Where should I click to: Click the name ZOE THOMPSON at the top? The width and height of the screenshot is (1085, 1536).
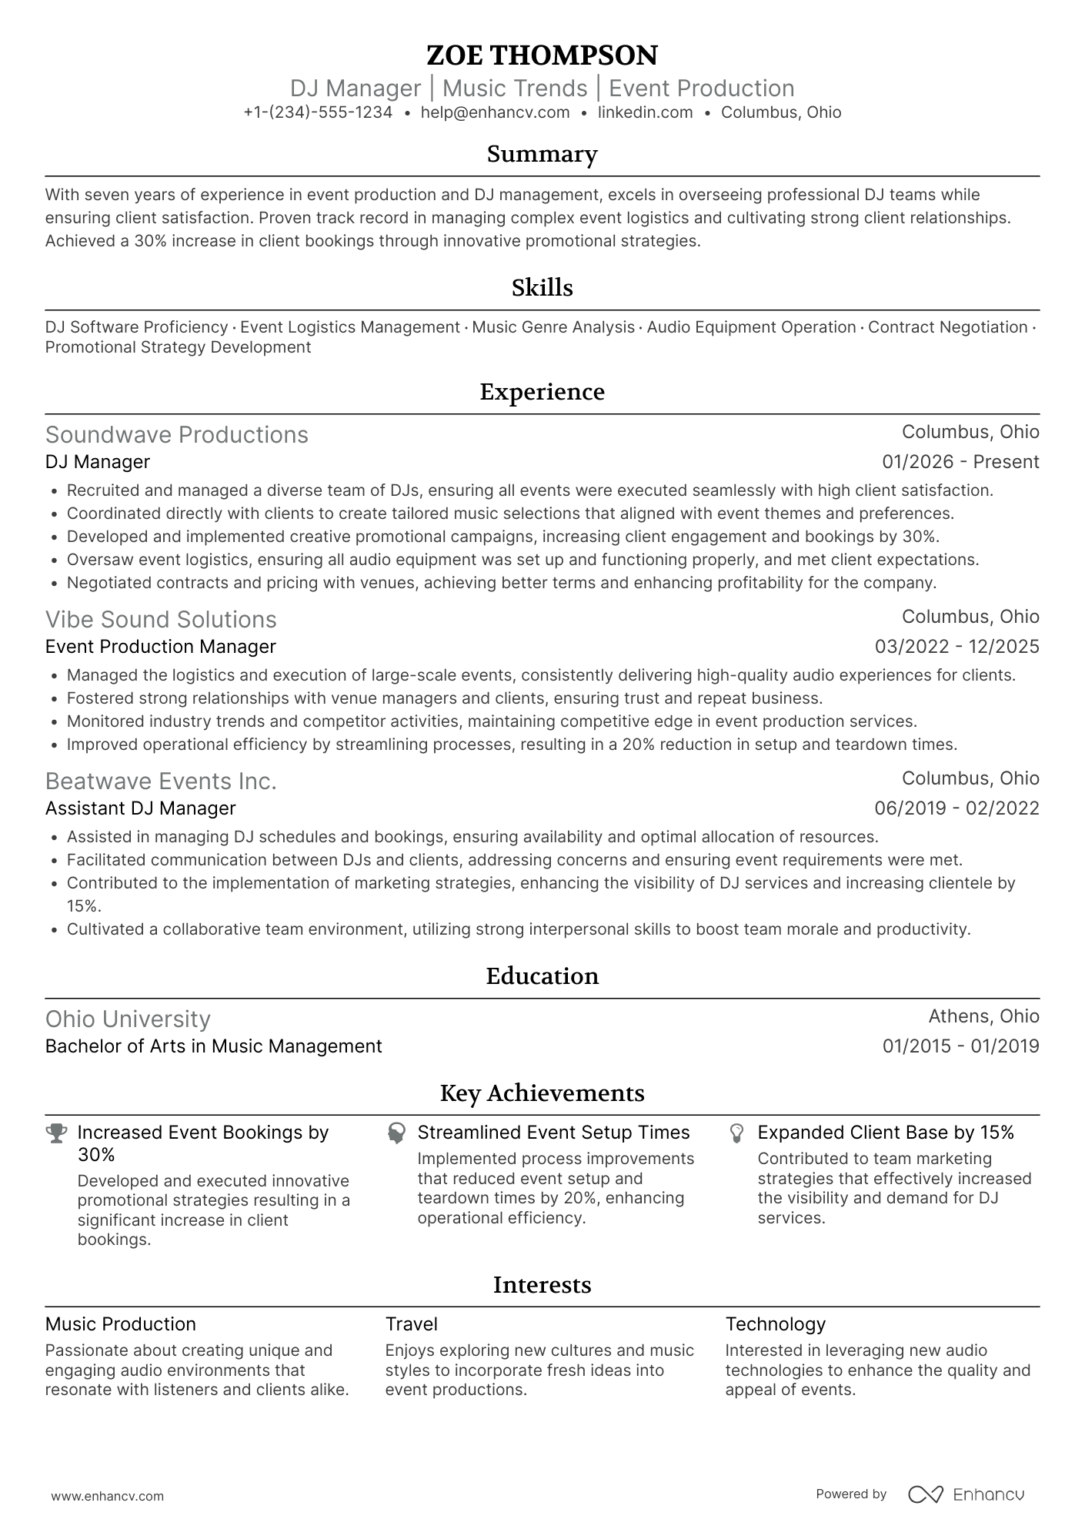[542, 55]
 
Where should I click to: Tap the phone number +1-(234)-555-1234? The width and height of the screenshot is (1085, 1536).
[318, 112]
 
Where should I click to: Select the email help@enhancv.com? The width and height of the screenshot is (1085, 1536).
[495, 112]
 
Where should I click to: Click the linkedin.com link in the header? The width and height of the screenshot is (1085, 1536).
[645, 112]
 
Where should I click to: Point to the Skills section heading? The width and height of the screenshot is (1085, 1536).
[542, 288]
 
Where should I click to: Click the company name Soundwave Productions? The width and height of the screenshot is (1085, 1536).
[176, 435]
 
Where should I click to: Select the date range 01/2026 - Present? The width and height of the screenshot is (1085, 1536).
[960, 462]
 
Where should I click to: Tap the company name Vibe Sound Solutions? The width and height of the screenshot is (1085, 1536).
[161, 620]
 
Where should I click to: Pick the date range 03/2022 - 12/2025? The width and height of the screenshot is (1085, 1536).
[956, 647]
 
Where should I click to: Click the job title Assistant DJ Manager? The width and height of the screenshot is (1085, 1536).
[140, 808]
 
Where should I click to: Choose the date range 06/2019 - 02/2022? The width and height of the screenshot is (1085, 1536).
[956, 808]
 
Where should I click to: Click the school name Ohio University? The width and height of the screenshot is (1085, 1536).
[128, 1019]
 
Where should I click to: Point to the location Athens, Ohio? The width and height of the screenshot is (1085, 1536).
[983, 1016]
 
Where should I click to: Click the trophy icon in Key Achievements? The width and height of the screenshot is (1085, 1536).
[56, 1133]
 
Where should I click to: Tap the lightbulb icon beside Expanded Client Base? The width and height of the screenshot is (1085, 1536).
[736, 1133]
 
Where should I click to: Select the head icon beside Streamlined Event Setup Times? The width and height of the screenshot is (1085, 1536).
[396, 1133]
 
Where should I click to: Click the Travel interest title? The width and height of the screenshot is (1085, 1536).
[411, 1324]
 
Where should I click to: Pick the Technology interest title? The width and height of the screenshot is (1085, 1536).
[775, 1324]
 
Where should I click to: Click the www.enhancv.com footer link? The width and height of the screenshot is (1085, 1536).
[107, 1496]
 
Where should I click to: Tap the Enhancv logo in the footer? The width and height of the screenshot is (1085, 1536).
[966, 1494]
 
